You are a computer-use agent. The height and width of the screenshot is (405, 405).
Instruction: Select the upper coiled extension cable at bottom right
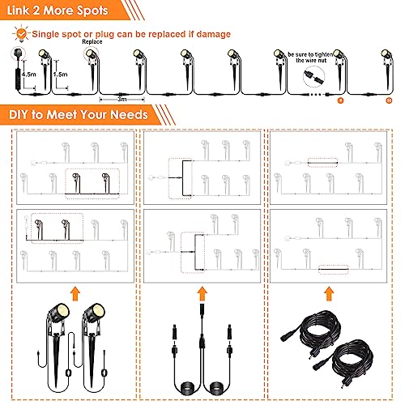316,324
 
